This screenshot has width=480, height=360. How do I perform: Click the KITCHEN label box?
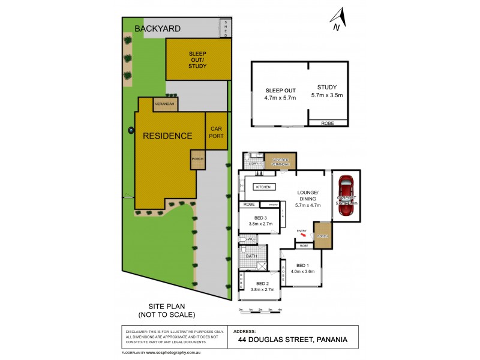coord(263,187)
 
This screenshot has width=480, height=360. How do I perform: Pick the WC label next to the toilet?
coord(251,239)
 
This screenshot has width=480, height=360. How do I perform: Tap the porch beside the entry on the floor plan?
coord(323,236)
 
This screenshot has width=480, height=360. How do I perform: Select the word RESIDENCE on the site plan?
coord(167,136)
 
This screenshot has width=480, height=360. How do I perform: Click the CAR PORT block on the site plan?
coord(216,132)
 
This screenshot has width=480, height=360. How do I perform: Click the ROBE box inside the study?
coord(328,123)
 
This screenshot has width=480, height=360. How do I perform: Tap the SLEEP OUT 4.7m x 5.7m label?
coord(280,94)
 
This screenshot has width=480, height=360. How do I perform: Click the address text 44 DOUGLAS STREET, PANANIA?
coord(293,340)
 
